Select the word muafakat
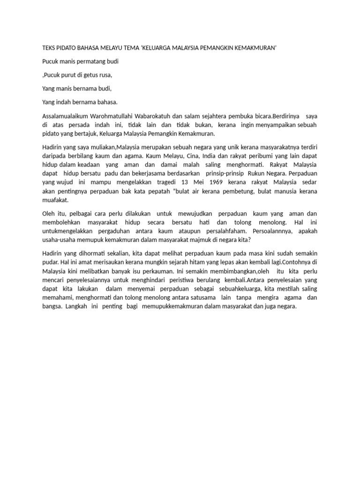click(55, 200)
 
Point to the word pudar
click(50, 262)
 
